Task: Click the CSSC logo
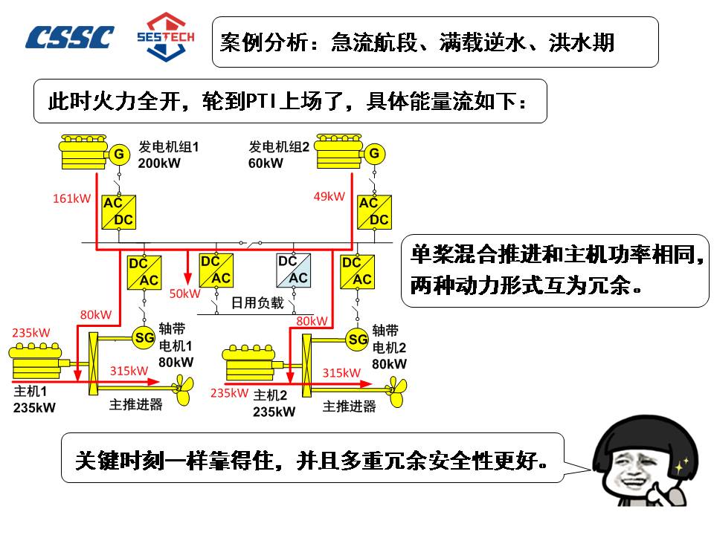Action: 70,37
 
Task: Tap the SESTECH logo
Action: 165,36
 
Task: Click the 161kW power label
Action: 71,198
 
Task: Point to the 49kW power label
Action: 329,196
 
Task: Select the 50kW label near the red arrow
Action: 185,294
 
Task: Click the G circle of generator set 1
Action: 118,155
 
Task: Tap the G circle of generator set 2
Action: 374,154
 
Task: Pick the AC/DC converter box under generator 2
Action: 373,211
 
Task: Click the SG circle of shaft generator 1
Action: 144,337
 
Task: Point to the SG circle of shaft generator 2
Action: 358,340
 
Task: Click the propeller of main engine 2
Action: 396,387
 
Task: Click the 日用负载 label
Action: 257,302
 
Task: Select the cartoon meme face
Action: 646,461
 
